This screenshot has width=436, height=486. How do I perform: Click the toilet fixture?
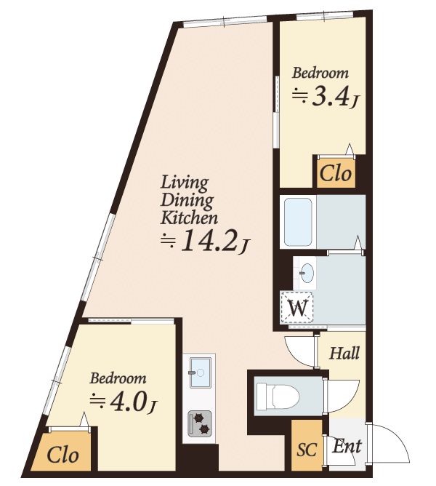tap(278, 396)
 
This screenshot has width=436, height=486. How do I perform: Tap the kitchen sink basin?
tap(201, 373)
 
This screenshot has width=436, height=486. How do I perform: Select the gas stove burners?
tap(200, 423)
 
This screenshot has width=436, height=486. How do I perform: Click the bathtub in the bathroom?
tap(298, 221)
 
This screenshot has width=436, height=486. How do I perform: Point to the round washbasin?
tap(307, 272)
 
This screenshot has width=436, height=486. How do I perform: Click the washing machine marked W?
tap(297, 308)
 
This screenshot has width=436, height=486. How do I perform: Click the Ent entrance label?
tap(347, 446)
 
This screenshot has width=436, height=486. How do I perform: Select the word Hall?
tap(344, 353)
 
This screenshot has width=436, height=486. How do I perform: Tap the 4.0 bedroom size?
tap(129, 402)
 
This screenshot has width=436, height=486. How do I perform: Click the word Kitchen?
tap(189, 218)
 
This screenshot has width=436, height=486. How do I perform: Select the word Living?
tap(185, 183)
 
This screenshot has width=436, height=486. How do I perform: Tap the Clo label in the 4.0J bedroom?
tap(63, 455)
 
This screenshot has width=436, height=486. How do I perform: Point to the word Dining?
tap(187, 201)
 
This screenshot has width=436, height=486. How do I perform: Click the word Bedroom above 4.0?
tap(118, 378)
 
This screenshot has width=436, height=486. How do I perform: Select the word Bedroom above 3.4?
tap(320, 73)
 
